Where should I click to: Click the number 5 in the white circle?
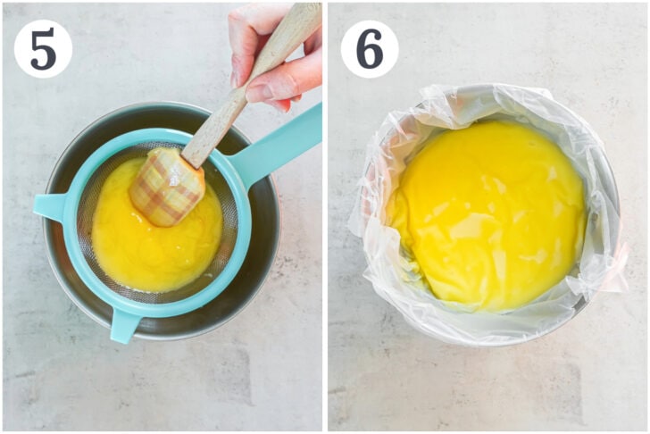click(42, 48)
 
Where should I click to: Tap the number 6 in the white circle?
click(369, 48)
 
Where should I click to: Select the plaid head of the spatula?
click(167, 185)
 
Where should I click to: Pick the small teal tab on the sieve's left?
click(49, 207)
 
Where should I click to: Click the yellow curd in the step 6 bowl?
click(482, 223)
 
